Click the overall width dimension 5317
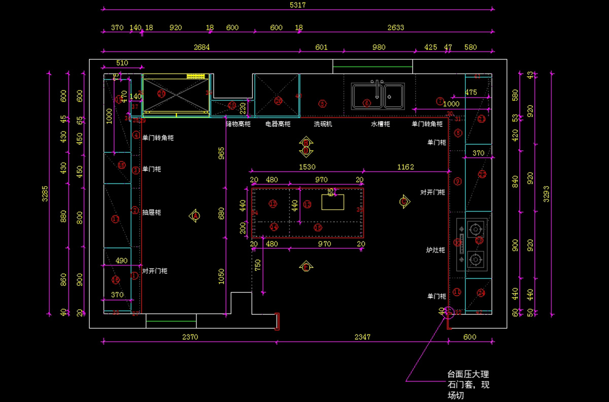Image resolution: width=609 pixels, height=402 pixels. [x=298, y=5]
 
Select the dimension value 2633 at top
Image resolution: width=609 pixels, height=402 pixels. [x=396, y=27]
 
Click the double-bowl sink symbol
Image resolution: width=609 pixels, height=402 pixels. [x=378, y=96]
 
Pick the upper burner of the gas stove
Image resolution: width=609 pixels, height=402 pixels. [x=476, y=229]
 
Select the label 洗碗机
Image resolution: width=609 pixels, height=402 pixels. [x=322, y=124]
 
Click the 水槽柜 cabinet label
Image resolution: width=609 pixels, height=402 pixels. [x=380, y=124]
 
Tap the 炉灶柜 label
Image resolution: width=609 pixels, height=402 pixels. [x=435, y=250]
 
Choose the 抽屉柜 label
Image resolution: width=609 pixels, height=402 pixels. [x=151, y=212]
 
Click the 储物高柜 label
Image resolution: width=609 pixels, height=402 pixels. [x=238, y=124]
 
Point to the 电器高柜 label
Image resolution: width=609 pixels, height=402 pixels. [x=278, y=124]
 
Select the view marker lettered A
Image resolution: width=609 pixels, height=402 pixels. [x=194, y=216]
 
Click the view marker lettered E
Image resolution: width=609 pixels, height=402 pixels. [x=306, y=267]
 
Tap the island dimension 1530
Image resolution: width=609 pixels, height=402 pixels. [x=307, y=166]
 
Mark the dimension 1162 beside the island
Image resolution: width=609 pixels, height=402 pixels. [x=405, y=166]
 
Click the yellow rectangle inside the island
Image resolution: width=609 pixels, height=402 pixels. [x=333, y=202]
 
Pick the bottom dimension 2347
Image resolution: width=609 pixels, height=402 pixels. [x=362, y=337]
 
